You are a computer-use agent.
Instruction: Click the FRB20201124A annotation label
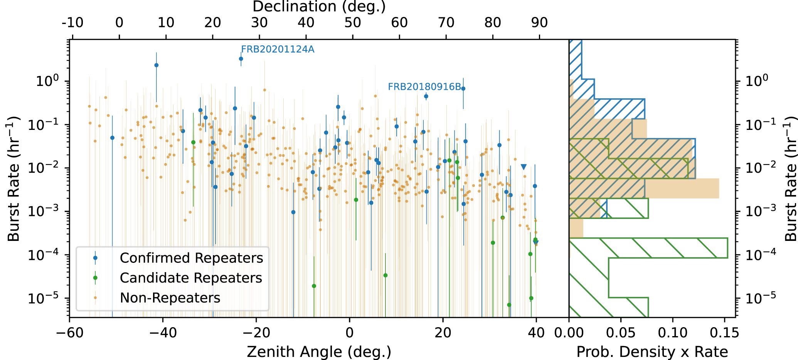click(278, 49)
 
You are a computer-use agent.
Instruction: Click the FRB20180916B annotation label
click(424, 87)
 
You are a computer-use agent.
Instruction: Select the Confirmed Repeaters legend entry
click(191, 258)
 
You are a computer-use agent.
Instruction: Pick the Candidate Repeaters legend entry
click(191, 278)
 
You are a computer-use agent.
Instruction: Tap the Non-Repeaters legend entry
click(170, 298)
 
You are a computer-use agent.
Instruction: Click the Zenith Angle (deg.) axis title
click(319, 352)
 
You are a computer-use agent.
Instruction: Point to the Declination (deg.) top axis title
click(319, 7)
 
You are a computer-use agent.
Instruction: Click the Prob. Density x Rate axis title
click(652, 352)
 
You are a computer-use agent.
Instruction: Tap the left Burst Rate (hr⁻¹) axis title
click(14, 178)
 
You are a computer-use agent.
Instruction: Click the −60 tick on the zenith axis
click(70, 333)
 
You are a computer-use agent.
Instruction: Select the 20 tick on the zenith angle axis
click(443, 333)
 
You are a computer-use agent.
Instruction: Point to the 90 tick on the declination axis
click(539, 23)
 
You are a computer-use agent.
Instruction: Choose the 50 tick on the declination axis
click(352, 23)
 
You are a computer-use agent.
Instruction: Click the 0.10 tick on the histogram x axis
click(672, 333)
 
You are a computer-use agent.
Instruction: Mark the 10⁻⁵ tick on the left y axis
click(42, 298)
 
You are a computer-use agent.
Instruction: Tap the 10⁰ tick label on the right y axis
click(756, 81)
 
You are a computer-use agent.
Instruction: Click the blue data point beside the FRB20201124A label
click(241, 59)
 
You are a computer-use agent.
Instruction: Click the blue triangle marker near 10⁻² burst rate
click(524, 167)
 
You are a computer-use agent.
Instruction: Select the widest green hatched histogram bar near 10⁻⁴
click(648, 248)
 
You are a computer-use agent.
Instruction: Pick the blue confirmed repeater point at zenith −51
click(112, 138)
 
